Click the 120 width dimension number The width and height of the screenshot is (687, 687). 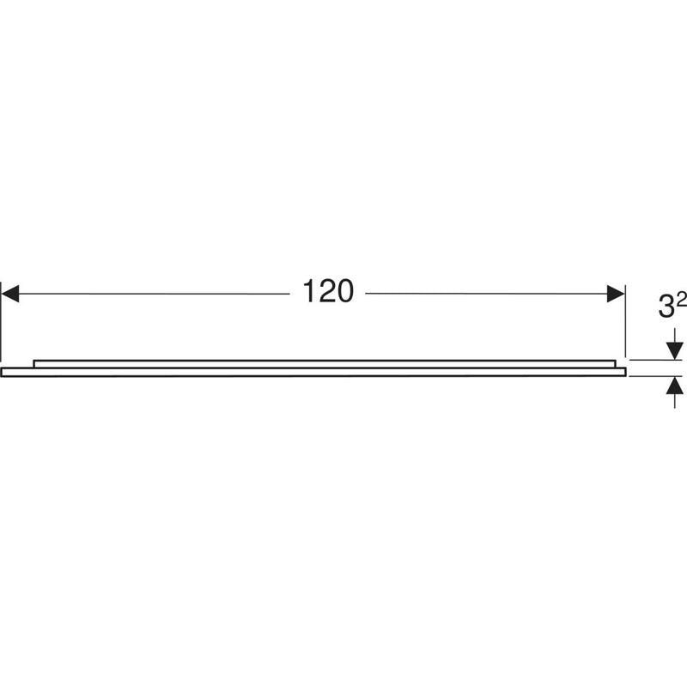pos(327,294)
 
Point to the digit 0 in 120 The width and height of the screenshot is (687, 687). pos(344,294)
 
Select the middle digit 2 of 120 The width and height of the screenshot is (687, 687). pos(325,294)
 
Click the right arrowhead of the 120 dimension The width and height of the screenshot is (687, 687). pos(616,294)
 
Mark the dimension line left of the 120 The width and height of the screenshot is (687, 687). pos(155,294)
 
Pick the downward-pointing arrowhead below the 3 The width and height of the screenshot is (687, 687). pos(674,351)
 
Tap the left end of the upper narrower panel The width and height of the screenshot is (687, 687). pos(35,363)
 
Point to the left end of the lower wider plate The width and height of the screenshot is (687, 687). pos(3,372)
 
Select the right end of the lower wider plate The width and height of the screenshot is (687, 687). pos(623,372)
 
